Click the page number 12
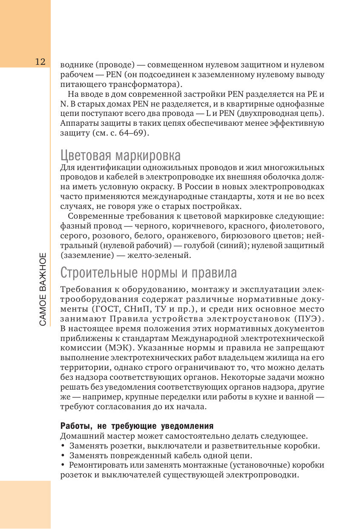[40, 61]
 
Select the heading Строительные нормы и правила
[149, 272]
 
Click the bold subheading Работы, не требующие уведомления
[137, 426]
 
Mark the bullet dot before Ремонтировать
[63, 465]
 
